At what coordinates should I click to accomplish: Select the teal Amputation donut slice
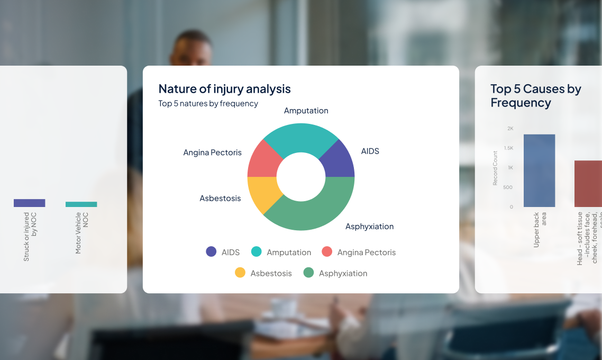click(301, 138)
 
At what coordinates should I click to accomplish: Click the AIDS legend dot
click(211, 252)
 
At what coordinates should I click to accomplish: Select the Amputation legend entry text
click(289, 253)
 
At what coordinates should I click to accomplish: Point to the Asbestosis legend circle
click(240, 273)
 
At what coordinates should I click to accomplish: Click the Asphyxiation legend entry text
click(343, 274)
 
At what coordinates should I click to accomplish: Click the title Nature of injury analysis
click(224, 88)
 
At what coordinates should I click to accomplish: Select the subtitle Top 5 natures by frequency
click(208, 104)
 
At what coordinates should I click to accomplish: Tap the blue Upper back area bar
click(539, 170)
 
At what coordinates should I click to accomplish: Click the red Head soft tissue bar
click(588, 183)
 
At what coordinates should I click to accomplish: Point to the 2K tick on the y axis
click(510, 128)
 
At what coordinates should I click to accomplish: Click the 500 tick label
click(507, 187)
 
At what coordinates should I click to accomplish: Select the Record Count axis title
click(495, 168)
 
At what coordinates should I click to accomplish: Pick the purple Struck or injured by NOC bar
click(30, 203)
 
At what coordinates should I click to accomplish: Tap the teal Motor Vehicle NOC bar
click(81, 204)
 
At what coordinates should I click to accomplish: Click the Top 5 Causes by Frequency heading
click(535, 96)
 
